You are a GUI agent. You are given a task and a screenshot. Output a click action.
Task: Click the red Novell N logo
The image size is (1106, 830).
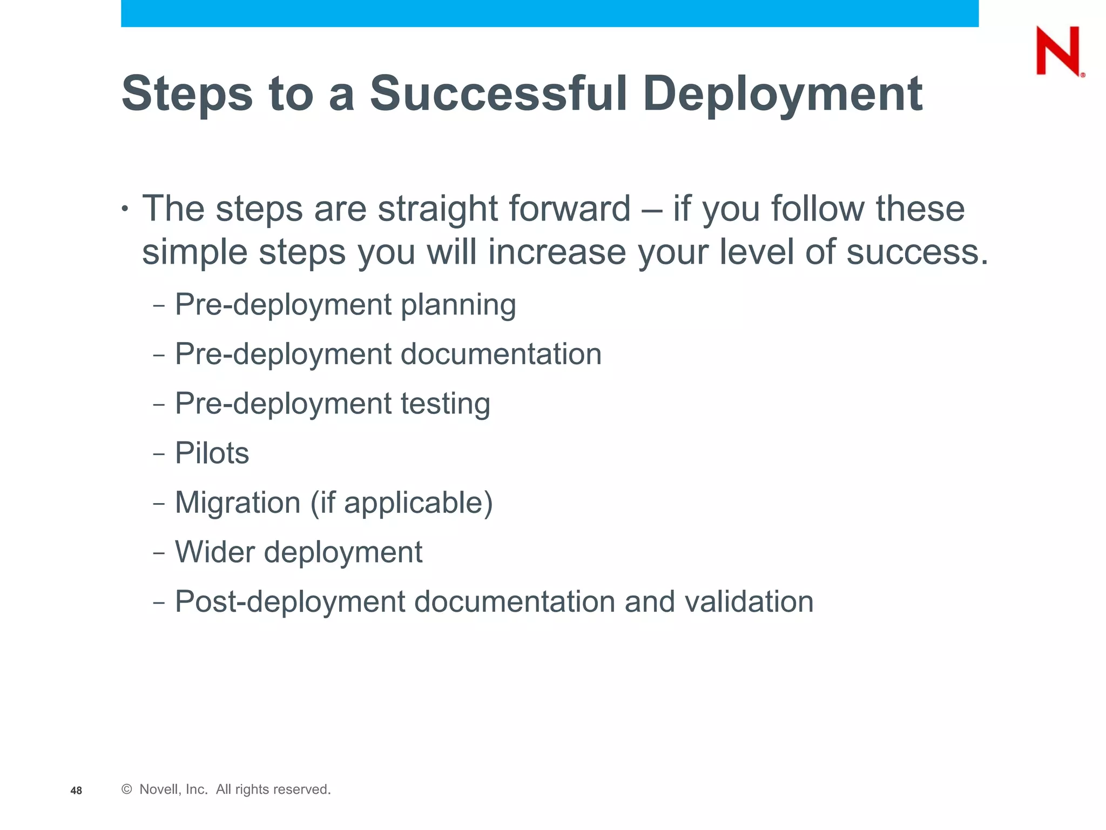pos(1058,51)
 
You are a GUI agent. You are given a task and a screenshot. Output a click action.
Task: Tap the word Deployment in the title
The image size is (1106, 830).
pos(782,95)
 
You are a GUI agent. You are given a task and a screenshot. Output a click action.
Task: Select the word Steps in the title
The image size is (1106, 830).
pos(187,95)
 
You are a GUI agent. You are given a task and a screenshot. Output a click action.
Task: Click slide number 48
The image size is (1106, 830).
pos(76,791)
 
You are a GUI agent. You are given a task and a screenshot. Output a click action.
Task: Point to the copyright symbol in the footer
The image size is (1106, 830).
pos(127,789)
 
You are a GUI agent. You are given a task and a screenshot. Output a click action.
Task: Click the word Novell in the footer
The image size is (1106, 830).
pos(158,789)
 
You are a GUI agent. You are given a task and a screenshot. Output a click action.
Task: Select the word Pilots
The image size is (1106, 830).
pos(212,453)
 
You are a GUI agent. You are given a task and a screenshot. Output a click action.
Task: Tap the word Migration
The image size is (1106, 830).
pos(238,503)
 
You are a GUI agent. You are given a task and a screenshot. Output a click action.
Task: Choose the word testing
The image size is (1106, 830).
pos(445,404)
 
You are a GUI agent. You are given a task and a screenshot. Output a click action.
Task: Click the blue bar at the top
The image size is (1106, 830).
pos(549,13)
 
